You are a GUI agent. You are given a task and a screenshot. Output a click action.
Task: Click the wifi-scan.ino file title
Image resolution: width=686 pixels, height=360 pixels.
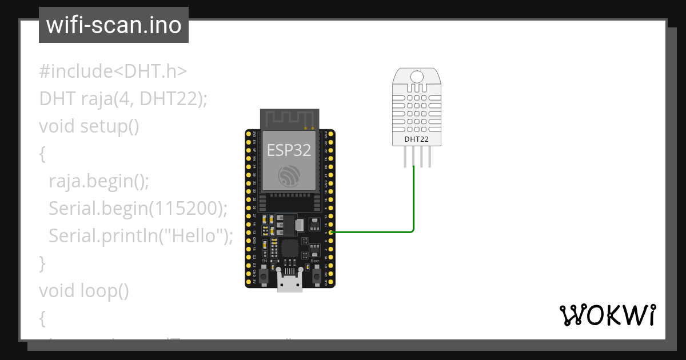click(113, 25)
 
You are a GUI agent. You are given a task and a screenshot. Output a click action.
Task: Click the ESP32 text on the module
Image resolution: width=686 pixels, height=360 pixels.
click(289, 150)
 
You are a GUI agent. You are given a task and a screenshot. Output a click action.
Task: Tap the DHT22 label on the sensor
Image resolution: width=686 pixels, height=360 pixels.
click(416, 139)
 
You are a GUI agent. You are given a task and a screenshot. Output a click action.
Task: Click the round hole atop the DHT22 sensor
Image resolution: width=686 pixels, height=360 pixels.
click(417, 76)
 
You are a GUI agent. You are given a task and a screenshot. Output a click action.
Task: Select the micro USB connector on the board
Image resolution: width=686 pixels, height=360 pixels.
click(290, 281)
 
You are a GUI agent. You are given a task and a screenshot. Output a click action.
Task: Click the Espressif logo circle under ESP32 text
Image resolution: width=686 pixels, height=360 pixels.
click(289, 175)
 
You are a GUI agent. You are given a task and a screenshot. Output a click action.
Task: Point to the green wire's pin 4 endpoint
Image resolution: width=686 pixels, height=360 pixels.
click(332, 232)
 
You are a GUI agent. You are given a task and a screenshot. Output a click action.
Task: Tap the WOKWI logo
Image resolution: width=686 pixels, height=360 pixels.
click(607, 315)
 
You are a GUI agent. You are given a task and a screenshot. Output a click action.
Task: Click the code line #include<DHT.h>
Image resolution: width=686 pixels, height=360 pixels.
click(113, 71)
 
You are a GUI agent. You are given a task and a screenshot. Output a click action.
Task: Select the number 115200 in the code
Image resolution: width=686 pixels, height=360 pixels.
click(184, 209)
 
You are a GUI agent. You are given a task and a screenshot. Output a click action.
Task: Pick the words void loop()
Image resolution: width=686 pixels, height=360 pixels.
click(84, 291)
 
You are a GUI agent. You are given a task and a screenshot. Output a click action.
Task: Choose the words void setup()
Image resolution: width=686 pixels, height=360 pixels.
click(89, 126)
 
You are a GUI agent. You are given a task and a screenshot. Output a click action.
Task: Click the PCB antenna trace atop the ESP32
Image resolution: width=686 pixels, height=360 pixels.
click(289, 119)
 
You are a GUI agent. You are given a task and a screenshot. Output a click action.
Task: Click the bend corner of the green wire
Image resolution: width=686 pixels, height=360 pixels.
click(412, 231)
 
